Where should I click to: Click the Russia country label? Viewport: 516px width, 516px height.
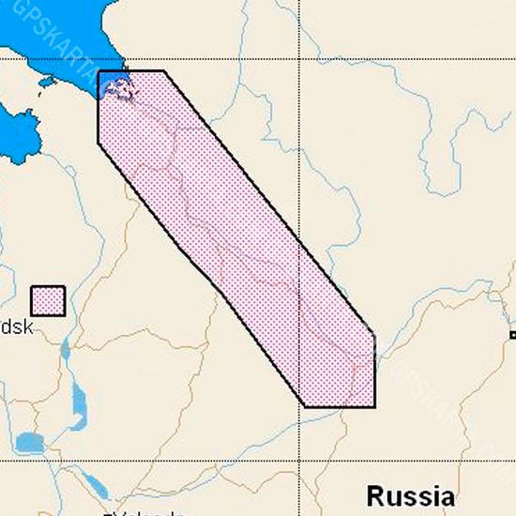[x=410, y=495]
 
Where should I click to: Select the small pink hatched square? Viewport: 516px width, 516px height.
[x=48, y=301]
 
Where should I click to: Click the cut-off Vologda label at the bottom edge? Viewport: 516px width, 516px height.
[x=145, y=511]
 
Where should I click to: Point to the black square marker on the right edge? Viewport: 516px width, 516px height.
[x=512, y=335]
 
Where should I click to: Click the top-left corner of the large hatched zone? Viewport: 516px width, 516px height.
[x=99, y=71]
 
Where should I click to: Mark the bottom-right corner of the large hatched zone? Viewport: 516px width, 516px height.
[x=374, y=406]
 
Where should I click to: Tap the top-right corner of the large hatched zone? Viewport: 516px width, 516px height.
[x=164, y=71]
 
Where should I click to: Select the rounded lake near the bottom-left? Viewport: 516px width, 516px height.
[x=30, y=442]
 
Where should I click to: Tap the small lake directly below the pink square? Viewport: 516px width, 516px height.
[x=64, y=351]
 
